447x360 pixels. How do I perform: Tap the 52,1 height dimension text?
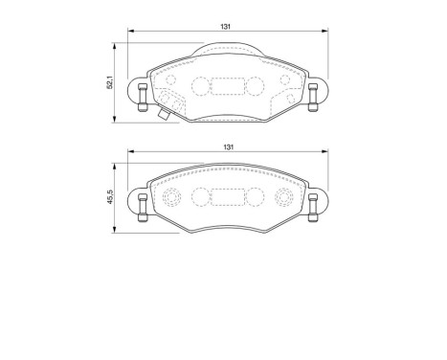click(x=112, y=83)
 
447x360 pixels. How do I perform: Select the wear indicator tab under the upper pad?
click(x=166, y=119)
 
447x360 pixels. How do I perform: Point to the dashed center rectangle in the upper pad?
click(x=228, y=85)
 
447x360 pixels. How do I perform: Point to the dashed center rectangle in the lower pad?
click(x=228, y=198)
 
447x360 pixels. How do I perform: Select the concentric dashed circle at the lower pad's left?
click(x=173, y=199)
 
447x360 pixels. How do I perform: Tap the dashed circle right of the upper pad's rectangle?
click(x=256, y=85)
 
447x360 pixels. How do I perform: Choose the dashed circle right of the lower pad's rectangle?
click(x=256, y=198)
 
